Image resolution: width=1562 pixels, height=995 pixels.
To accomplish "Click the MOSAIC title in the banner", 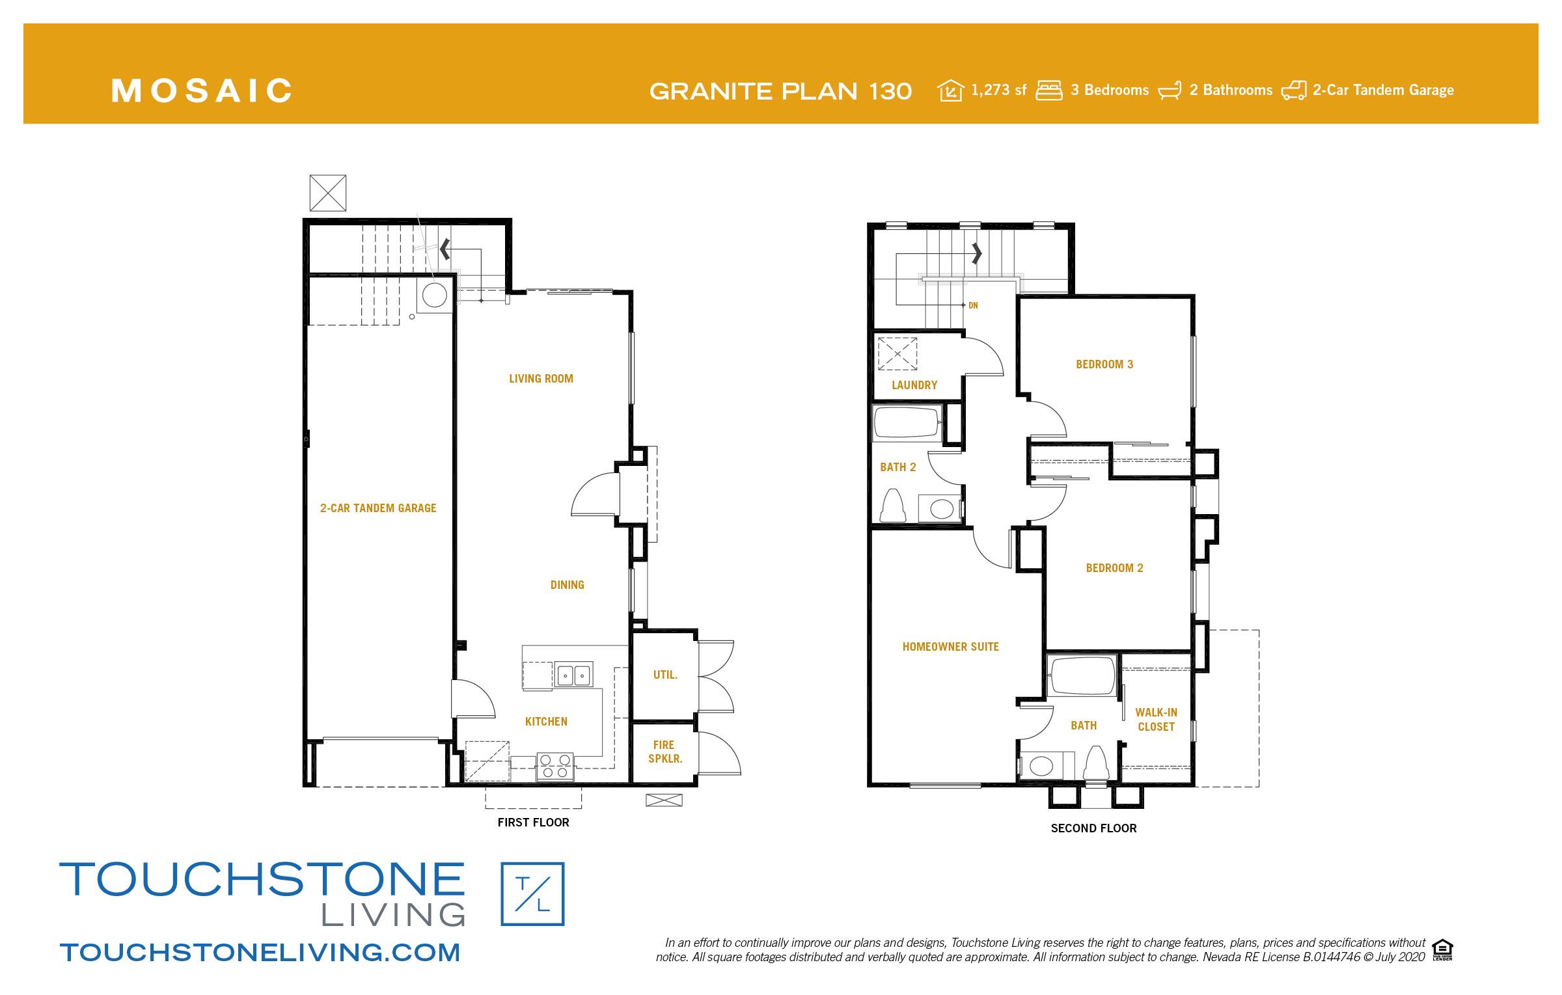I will (202, 90).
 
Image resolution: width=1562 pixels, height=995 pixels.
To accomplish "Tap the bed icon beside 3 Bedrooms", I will (1048, 90).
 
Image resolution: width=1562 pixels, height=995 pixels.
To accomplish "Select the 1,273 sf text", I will (998, 90).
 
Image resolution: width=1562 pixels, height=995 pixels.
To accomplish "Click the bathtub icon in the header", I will (1170, 91).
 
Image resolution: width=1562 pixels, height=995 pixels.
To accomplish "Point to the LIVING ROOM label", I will (541, 379).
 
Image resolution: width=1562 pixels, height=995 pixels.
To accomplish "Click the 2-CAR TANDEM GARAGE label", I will (377, 508).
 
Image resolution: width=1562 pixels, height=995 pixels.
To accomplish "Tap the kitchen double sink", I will (573, 675).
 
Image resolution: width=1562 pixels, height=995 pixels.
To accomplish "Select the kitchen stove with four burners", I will (555, 766).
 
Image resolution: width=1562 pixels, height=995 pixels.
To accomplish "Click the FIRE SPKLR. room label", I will (665, 752).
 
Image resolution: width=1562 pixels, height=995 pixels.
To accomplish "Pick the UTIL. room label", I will (665, 675).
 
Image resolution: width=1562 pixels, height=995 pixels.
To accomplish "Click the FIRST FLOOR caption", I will (533, 823).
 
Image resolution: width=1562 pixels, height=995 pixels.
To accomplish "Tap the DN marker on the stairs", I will (973, 305).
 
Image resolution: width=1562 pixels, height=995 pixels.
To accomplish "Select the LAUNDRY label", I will (914, 385).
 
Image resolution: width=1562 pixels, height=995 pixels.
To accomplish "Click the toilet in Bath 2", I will (892, 506).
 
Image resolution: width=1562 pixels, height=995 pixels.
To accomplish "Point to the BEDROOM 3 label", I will (1104, 364).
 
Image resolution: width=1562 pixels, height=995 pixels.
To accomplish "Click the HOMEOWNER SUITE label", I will (950, 647).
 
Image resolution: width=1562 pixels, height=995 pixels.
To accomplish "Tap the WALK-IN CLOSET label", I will (1156, 720).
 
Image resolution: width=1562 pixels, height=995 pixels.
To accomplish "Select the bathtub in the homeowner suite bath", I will (1081, 677).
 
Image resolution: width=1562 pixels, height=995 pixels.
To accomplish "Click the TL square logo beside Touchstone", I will (532, 893).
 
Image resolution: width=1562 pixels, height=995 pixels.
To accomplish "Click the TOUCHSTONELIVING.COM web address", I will (260, 952).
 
